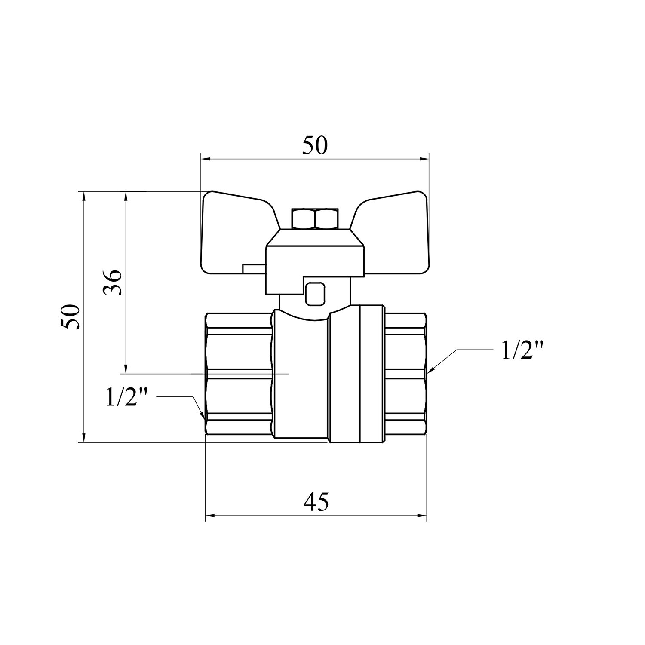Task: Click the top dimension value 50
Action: [x=315, y=145]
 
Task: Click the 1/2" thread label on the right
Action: [x=522, y=351]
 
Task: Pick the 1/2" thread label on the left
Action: [x=126, y=398]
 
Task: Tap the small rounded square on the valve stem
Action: [x=315, y=294]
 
